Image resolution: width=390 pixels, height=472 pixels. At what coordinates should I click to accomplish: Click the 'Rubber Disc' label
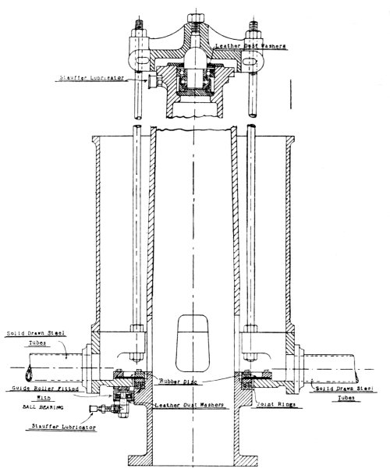tap(178, 382)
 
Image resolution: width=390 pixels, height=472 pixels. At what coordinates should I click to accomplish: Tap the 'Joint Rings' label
tap(275, 404)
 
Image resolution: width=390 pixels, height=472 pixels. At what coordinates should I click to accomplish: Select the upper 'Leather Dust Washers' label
tap(250, 46)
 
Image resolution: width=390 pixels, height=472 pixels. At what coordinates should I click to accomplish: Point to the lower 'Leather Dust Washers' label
tap(190, 405)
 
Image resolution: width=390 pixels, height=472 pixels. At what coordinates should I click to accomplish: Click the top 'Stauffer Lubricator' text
tap(92, 78)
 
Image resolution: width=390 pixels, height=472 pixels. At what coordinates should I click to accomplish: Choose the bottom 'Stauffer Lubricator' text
tap(64, 427)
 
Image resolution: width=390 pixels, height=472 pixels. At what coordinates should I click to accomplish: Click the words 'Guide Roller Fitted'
tap(45, 389)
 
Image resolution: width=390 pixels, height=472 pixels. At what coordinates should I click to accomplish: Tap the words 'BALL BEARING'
tap(44, 407)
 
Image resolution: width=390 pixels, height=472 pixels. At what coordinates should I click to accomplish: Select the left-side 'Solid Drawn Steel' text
tap(36, 334)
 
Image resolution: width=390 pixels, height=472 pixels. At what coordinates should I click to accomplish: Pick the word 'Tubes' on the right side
tap(346, 398)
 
